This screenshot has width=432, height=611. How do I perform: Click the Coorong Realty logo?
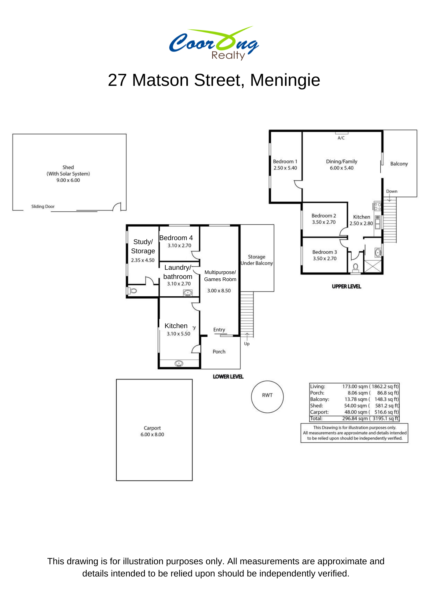point(214,43)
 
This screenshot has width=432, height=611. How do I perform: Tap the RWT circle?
point(267,381)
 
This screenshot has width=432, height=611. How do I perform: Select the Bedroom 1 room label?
point(285,161)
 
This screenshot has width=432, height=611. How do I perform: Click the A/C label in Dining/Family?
point(341,138)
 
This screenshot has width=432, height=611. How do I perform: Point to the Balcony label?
point(399,164)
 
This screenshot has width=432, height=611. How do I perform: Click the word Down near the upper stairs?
point(392,191)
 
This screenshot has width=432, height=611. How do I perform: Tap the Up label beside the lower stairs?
point(247,344)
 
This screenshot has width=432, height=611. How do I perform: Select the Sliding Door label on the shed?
point(43,207)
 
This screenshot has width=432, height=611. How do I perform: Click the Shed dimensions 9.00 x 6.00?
point(68,180)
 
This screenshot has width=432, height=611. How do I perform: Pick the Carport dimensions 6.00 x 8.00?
point(152,434)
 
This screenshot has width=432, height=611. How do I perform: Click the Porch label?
point(219,352)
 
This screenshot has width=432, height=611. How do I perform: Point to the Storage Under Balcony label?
point(257,260)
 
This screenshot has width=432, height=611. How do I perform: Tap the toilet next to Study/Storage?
point(132,291)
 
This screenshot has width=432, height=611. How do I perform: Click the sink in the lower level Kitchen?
point(179,363)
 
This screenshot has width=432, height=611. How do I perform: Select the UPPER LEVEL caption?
point(346,287)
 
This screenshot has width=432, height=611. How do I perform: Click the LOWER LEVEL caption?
point(228,377)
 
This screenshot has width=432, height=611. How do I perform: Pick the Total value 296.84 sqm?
point(355,419)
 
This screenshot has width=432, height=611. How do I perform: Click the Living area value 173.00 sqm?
point(355,386)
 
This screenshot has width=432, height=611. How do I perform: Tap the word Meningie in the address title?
point(285,80)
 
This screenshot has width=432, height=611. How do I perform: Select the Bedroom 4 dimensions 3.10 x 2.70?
point(179,245)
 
